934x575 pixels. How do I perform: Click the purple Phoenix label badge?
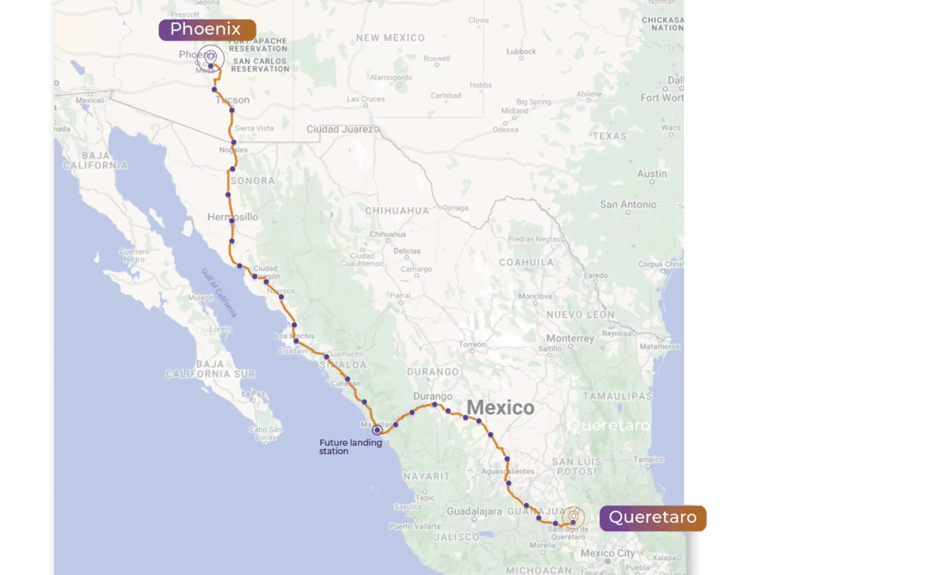(x=207, y=30)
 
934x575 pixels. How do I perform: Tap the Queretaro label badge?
(x=653, y=518)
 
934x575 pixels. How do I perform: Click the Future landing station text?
(x=350, y=447)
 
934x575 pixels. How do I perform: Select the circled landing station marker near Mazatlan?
(x=377, y=430)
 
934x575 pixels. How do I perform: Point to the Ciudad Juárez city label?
(x=340, y=129)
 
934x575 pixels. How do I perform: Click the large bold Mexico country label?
(x=500, y=408)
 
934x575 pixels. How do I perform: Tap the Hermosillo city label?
(x=232, y=217)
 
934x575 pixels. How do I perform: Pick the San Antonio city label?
(x=628, y=205)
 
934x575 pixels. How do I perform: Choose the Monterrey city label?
(x=570, y=339)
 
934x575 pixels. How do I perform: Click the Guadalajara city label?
(x=474, y=512)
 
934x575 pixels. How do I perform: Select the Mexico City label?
(x=607, y=553)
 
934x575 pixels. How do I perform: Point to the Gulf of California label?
(x=219, y=293)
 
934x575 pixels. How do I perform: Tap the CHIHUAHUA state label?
(x=397, y=211)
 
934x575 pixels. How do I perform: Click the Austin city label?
(x=652, y=174)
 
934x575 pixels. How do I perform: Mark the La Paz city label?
(x=253, y=394)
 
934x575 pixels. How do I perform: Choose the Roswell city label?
(x=437, y=59)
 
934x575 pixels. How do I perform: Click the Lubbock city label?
(x=521, y=52)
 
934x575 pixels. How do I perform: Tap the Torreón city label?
(x=472, y=344)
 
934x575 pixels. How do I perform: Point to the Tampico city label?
(x=648, y=459)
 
